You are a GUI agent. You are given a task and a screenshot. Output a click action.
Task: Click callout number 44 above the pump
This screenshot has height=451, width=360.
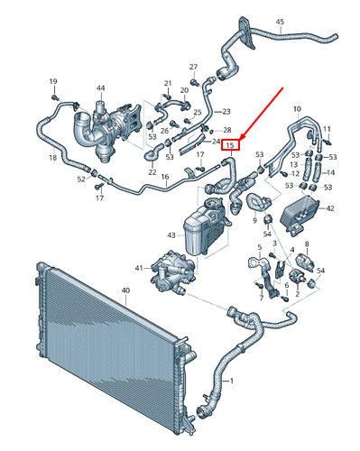click(x=100, y=87)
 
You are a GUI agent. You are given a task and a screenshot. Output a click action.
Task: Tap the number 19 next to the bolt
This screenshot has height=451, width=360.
click(x=52, y=83)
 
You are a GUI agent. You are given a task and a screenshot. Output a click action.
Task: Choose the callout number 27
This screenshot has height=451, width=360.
click(x=193, y=68)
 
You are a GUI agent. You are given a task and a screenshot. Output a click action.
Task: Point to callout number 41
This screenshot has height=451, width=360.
click(x=138, y=268)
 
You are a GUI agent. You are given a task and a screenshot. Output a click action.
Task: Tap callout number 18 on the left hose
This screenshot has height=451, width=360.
click(x=52, y=158)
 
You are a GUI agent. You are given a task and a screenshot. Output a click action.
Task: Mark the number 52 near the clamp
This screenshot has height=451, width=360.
click(x=80, y=179)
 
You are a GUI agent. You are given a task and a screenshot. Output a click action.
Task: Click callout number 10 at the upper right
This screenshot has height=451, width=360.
click(x=298, y=109)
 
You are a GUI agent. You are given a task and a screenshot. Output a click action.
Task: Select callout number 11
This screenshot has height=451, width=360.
click(x=327, y=128)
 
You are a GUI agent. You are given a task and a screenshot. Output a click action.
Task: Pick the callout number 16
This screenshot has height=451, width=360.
click(x=165, y=178)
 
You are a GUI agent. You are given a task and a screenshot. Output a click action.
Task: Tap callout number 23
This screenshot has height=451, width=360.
click(x=226, y=110)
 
